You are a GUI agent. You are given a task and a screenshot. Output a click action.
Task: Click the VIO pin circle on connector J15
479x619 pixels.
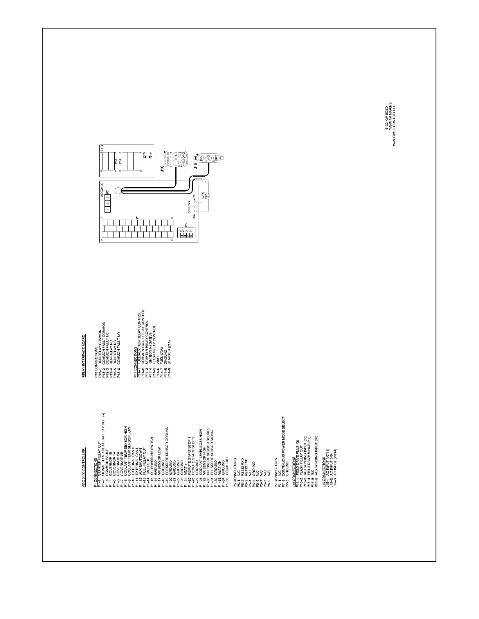click(209, 158)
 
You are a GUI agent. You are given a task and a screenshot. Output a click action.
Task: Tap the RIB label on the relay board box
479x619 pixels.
click(102, 148)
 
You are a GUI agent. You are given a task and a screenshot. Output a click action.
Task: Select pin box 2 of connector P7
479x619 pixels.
click(108, 203)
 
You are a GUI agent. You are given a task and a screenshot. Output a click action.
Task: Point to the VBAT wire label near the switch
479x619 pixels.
click(205, 194)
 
